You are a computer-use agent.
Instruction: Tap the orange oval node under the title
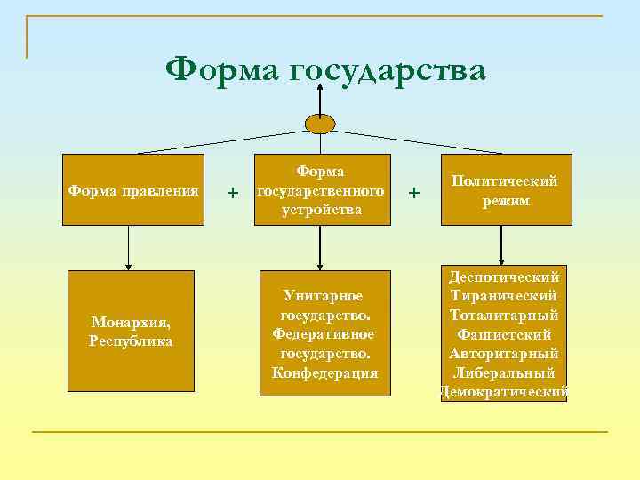[x=320, y=124]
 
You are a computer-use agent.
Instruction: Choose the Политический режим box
[x=506, y=190]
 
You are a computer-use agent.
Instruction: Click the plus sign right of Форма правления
[x=233, y=192]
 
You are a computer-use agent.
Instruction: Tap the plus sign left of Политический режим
[x=412, y=190]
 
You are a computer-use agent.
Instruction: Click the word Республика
[x=132, y=341]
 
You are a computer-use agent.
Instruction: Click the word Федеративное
[x=324, y=333]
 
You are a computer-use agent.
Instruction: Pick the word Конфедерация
[x=325, y=372]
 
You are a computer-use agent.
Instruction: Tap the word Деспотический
[x=504, y=276]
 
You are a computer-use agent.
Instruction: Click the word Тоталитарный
[x=504, y=315]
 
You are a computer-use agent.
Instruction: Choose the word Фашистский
[x=504, y=334]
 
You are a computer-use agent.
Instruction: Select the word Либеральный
[x=504, y=372]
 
